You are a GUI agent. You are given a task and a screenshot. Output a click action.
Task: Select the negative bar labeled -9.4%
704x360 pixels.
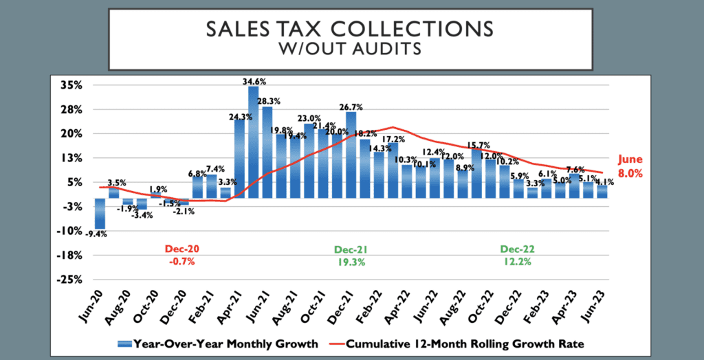(x=100, y=214)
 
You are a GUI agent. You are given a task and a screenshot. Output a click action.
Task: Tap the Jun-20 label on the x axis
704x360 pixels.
(x=90, y=303)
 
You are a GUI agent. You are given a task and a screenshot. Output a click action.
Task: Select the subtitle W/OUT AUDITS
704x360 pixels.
(x=351, y=49)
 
